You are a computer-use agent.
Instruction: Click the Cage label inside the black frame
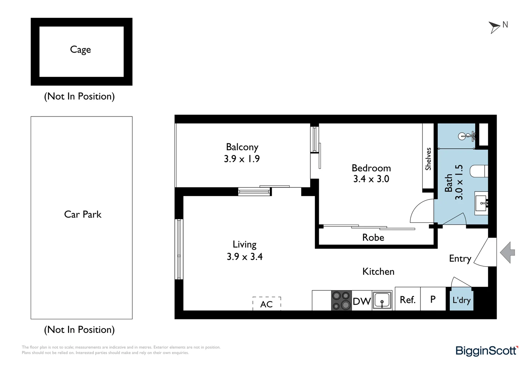coord(80,50)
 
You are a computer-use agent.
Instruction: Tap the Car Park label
coord(83,214)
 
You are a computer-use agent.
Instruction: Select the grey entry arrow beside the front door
coord(507,252)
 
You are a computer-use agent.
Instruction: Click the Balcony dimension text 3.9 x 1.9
coord(242,159)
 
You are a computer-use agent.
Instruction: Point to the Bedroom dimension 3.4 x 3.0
coord(371,179)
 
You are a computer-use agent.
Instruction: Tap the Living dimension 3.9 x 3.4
coord(245,257)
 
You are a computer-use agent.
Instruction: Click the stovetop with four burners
coord(341,301)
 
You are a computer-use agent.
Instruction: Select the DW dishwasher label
coord(361,301)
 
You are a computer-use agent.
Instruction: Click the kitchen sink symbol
coord(382,300)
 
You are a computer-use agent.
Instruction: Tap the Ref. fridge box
coord(407,300)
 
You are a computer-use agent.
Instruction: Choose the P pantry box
coord(433,299)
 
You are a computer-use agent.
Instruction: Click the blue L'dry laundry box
coord(461,300)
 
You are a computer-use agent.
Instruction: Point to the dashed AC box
coord(267,304)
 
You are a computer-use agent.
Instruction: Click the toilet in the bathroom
coord(479,171)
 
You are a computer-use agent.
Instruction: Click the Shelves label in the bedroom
coord(428,159)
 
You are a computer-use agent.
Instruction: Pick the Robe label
coord(373,237)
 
